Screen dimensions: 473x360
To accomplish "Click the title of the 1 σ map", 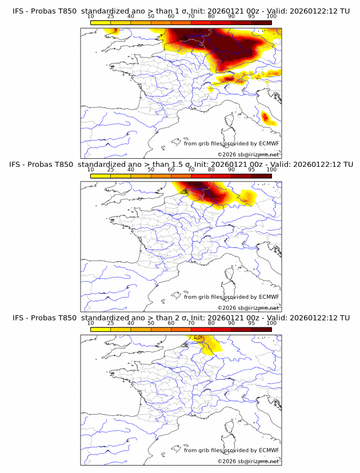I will (x=181, y=11).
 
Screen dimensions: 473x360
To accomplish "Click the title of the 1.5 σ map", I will (x=181, y=165).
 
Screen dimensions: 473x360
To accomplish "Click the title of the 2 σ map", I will (x=181, y=318).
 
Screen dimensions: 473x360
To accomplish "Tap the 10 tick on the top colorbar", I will (x=91, y=17).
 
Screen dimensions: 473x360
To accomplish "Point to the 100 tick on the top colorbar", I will (x=271, y=17).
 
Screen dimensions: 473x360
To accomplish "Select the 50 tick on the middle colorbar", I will (x=151, y=170).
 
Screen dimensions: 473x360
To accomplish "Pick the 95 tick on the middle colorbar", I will (x=251, y=170).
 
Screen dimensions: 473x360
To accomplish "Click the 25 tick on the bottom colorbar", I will (x=111, y=323).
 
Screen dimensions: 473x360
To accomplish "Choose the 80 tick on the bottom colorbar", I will (x=211, y=323).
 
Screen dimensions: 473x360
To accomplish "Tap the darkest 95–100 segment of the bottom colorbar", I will (x=261, y=329).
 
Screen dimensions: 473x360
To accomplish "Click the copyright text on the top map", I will (x=248, y=155).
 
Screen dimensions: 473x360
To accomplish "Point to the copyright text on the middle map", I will (x=248, y=308).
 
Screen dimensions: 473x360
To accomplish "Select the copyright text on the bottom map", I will (x=248, y=461).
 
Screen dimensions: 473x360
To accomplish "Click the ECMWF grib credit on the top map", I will (x=231, y=143).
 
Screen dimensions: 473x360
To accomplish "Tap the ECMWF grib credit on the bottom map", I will (x=231, y=450).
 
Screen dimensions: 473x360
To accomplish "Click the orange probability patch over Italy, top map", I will (x=265, y=118).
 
